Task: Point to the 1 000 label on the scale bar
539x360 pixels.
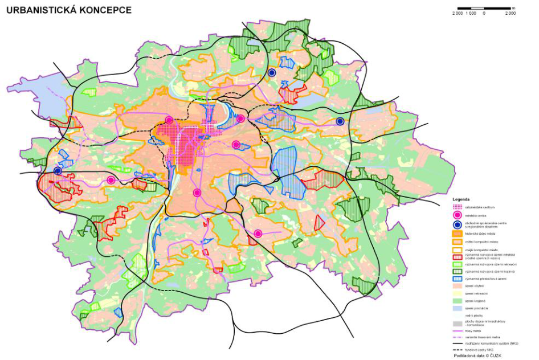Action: pos(471,13)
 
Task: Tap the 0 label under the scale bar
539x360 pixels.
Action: pos(484,13)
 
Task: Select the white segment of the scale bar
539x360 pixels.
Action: pos(477,8)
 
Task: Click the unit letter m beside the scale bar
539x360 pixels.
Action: pos(513,7)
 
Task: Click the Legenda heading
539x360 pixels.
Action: pos(459,199)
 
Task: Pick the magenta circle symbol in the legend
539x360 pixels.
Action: pos(457,216)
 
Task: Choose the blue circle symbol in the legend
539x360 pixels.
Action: pos(457,224)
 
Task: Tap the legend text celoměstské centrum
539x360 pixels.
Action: pos(478,207)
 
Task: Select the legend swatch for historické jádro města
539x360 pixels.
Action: pos(457,234)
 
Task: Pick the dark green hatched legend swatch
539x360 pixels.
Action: pos(457,271)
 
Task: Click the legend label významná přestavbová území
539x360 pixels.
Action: pos(482,279)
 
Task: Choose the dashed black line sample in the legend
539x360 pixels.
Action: pos(457,349)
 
